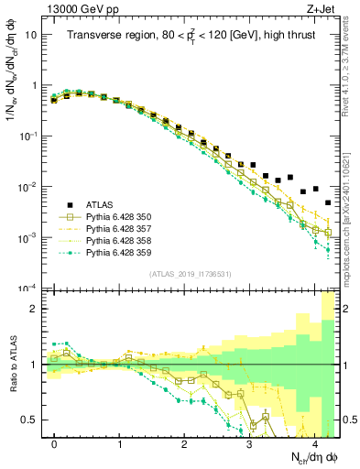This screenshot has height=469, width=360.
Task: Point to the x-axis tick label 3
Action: (x=250, y=443)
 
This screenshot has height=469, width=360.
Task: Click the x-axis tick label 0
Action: (x=55, y=443)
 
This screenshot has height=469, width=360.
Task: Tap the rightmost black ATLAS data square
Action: (x=328, y=202)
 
